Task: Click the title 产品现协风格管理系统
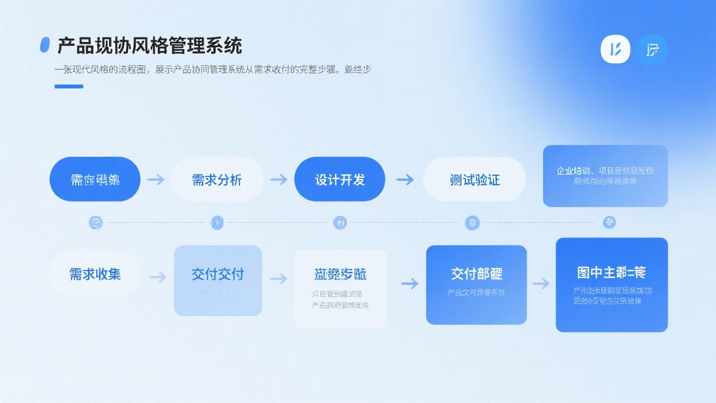[149, 46]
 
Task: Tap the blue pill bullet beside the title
[45, 45]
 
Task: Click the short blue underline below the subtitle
[69, 86]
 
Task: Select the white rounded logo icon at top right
[615, 49]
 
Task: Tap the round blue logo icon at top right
[652, 49]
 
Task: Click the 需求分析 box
[217, 180]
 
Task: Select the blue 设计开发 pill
[340, 180]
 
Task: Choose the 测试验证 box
[474, 180]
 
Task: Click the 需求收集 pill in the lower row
[95, 274]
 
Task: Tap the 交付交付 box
[218, 280]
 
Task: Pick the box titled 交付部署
[477, 284]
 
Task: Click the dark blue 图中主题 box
[611, 284]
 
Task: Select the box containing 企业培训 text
[605, 176]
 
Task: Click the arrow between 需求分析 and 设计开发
[278, 180]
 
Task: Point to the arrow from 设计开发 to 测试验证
[405, 180]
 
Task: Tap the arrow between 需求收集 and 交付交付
[158, 277]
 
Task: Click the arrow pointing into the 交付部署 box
[409, 283]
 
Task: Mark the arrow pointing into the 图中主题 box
[541, 283]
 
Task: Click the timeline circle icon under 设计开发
[340, 223]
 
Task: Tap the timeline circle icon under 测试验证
[473, 223]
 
